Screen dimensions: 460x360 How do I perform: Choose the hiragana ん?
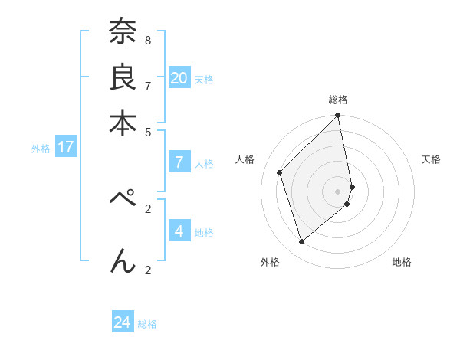pos(122,260)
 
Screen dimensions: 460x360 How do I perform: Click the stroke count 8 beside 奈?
pos(148,39)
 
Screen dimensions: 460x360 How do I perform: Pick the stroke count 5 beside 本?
pos(148,131)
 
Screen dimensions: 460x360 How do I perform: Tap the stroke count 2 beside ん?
pos(148,269)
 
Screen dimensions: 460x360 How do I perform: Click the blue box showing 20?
pos(179,77)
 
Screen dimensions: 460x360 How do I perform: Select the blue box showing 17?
pos(65,147)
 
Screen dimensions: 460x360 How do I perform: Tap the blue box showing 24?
pos(123,322)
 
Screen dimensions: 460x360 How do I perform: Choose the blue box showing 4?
pos(179,231)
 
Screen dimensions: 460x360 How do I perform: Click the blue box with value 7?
pos(179,162)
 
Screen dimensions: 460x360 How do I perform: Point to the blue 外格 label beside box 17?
pos(40,149)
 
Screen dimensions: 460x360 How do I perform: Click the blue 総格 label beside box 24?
pos(147,324)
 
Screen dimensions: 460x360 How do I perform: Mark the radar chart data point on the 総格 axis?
pos(337,116)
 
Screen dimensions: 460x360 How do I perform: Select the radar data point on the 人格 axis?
pos(280,172)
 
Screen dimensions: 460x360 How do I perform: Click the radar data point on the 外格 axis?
pos(301,242)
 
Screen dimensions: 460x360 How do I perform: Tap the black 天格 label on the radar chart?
pos(431,159)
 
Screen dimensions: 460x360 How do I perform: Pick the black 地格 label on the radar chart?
pos(402,262)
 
